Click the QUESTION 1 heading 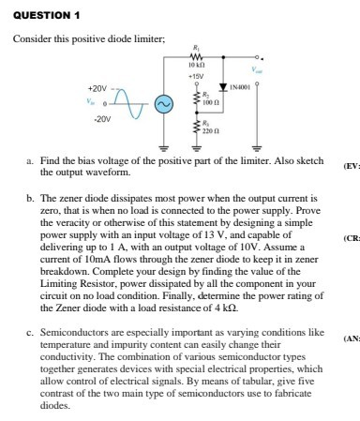point(37,14)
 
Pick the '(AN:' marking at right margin point(351,338)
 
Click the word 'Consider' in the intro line point(30,38)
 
